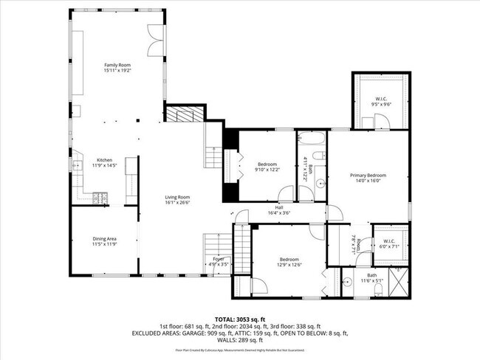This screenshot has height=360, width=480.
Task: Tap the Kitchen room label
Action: [104, 160]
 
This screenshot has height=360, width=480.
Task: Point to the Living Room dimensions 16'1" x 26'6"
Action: [177, 202]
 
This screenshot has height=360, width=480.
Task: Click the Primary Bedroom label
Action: [368, 176]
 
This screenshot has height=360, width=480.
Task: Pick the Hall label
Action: [279, 208]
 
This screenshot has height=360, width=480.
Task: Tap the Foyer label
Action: [219, 259]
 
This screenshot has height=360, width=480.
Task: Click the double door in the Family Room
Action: [156, 38]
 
